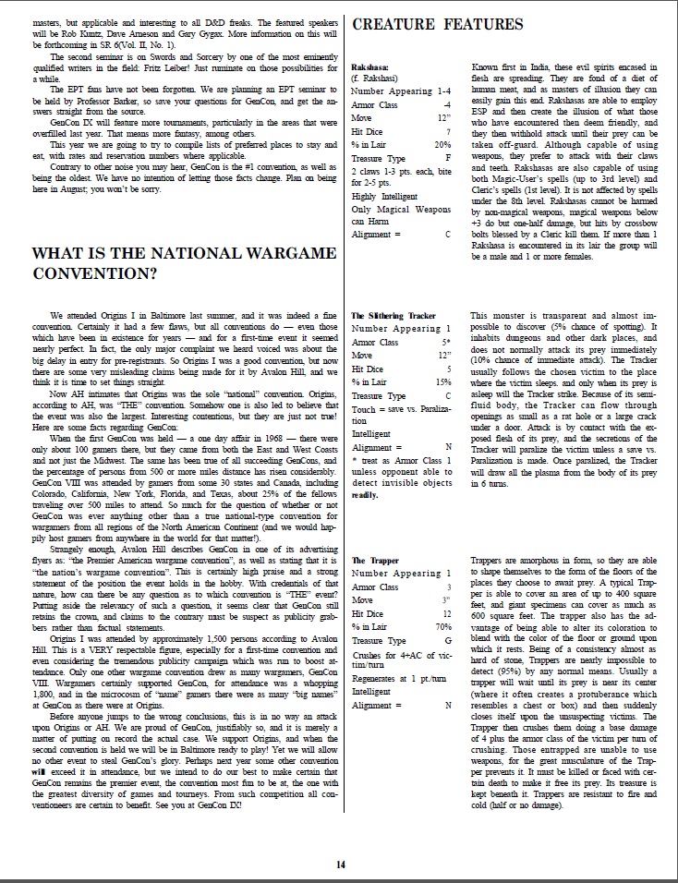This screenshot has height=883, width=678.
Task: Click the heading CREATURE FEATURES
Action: click(437, 24)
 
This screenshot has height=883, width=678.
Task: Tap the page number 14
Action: click(340, 864)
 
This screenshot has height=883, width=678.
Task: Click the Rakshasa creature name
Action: click(370, 67)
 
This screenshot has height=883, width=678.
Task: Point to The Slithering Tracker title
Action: click(394, 315)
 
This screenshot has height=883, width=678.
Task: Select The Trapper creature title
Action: click(376, 561)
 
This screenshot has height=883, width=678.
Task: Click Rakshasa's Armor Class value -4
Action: click(446, 104)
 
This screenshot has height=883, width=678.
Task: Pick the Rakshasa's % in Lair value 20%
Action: click(442, 144)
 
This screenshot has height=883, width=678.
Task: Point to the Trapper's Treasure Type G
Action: click(447, 640)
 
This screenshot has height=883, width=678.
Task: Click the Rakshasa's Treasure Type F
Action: click(447, 158)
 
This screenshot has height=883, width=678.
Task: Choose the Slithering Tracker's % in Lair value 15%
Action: click(442, 381)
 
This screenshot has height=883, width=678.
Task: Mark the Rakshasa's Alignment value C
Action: click(447, 235)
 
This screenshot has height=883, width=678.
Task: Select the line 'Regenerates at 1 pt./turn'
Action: click(400, 679)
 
